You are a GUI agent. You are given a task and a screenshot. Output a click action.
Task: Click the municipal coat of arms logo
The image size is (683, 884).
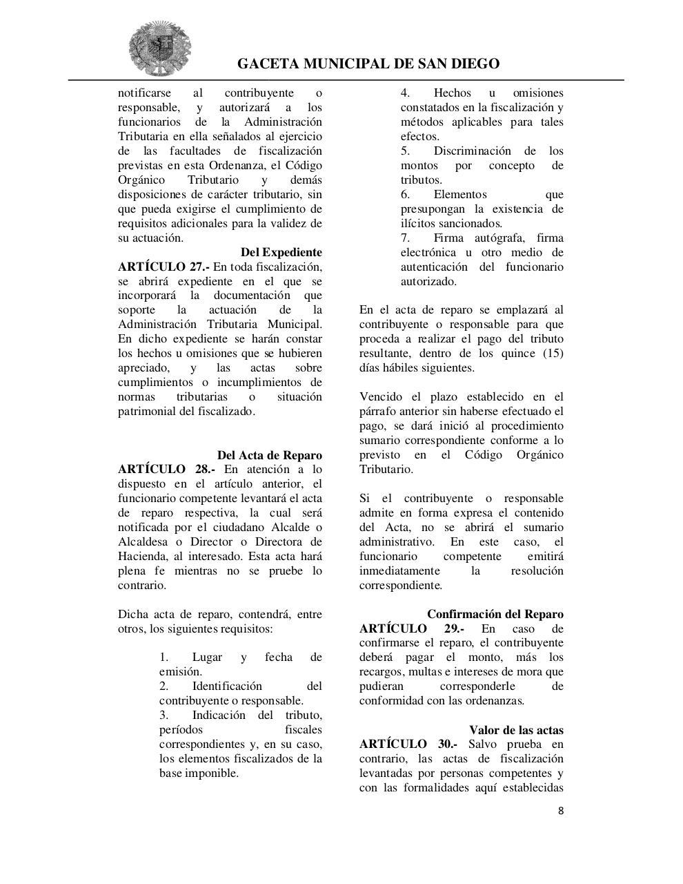(159, 48)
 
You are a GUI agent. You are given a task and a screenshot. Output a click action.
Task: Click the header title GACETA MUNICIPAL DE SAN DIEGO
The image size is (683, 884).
(368, 64)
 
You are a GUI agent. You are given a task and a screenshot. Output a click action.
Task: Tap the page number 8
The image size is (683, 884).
(561, 811)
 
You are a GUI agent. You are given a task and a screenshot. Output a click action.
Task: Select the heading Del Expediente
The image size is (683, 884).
(281, 253)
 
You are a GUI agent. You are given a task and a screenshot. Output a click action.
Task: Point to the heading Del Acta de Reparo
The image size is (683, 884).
(269, 456)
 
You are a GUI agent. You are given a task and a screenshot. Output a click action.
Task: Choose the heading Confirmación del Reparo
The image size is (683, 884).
(495, 615)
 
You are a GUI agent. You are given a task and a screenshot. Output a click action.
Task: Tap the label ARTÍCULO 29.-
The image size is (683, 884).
(411, 629)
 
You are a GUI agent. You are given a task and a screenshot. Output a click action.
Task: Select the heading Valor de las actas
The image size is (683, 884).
(516, 730)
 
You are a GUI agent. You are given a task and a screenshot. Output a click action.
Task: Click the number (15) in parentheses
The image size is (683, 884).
(551, 354)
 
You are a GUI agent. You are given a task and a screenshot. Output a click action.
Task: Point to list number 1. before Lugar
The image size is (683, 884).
(164, 657)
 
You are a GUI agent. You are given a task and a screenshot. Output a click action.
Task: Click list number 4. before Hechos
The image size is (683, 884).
(406, 93)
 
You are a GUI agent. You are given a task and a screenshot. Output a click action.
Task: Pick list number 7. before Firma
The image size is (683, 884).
(406, 238)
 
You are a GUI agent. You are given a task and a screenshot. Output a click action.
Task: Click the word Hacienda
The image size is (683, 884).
(141, 557)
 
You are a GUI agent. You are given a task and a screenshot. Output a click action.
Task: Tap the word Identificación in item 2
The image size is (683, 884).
(227, 686)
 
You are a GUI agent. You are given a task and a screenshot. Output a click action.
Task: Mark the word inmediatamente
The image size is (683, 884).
(399, 571)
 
